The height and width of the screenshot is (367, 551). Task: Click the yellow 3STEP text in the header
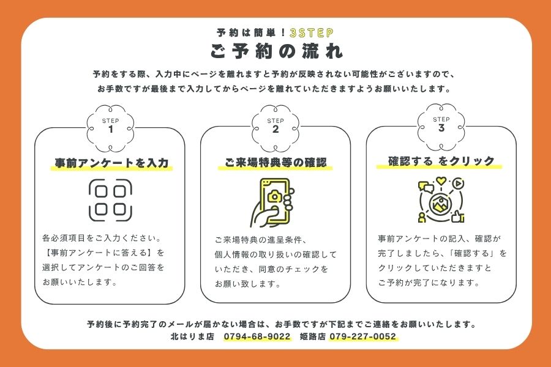[x=312, y=33]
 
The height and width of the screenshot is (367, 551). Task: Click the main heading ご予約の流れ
[x=276, y=51]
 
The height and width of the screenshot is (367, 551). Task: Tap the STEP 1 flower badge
[x=110, y=128]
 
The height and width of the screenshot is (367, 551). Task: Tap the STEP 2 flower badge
[x=275, y=128]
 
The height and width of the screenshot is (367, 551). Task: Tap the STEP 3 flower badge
[x=441, y=127]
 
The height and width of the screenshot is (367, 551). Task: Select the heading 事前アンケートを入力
[x=112, y=163]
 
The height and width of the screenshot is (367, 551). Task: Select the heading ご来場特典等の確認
[x=275, y=162]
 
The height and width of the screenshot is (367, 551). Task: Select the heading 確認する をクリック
[x=441, y=161]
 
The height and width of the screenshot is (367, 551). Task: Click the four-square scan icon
[x=110, y=200]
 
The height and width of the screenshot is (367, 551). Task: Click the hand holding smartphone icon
[x=272, y=202]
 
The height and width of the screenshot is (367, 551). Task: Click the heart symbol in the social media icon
[x=441, y=181]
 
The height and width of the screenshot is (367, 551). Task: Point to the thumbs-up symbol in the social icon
[x=457, y=217]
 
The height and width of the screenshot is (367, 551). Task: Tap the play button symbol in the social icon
[x=458, y=183]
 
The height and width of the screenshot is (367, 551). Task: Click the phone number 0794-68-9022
[x=257, y=336]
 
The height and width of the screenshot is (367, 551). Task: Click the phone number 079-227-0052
[x=362, y=336]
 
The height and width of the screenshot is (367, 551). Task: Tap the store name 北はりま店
[x=192, y=336]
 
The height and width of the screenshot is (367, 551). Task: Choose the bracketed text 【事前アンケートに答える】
[x=97, y=253]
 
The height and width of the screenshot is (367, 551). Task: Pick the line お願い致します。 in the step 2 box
[x=248, y=284]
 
